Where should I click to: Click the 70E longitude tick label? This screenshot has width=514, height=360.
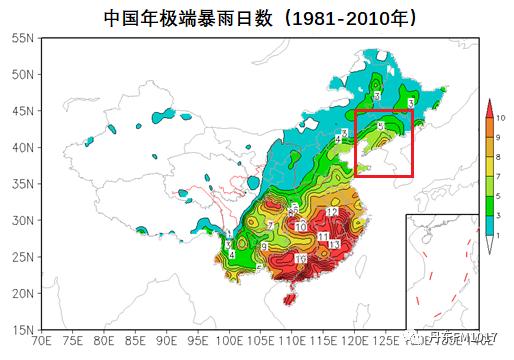(x=41, y=342)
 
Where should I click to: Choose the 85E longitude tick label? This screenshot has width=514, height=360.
(x=136, y=342)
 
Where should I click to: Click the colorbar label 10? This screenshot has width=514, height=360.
(x=501, y=118)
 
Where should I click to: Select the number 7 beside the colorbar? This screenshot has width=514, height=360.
(x=499, y=175)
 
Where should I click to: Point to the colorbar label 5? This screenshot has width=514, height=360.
(x=499, y=195)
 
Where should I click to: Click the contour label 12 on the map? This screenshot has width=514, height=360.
(x=331, y=213)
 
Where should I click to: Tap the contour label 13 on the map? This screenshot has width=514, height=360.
(x=335, y=244)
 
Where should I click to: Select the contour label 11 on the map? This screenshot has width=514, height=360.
(x=324, y=236)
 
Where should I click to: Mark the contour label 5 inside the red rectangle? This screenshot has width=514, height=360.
(x=379, y=126)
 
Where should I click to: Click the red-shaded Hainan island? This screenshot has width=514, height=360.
(x=290, y=298)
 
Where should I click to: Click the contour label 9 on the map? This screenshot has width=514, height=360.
(x=265, y=246)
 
